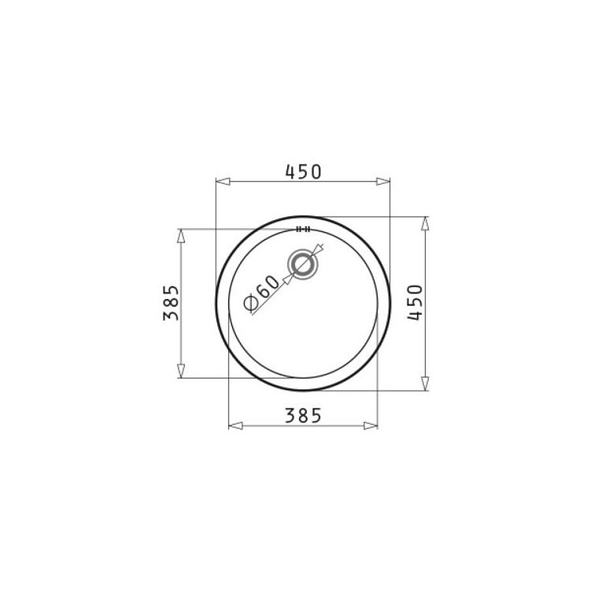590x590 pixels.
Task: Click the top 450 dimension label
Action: (x=304, y=171)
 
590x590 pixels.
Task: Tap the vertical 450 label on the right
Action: (x=415, y=302)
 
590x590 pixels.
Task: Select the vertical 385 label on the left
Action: (x=171, y=303)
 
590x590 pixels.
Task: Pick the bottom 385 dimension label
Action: (x=304, y=416)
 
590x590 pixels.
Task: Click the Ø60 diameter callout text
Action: (x=262, y=293)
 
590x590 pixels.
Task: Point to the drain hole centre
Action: (x=303, y=264)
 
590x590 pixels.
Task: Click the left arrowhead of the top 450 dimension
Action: (x=223, y=182)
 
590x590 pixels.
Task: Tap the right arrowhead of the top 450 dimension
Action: (x=383, y=182)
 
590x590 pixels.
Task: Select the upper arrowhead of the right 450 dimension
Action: (x=425, y=223)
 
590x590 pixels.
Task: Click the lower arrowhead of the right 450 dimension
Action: (x=425, y=384)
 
